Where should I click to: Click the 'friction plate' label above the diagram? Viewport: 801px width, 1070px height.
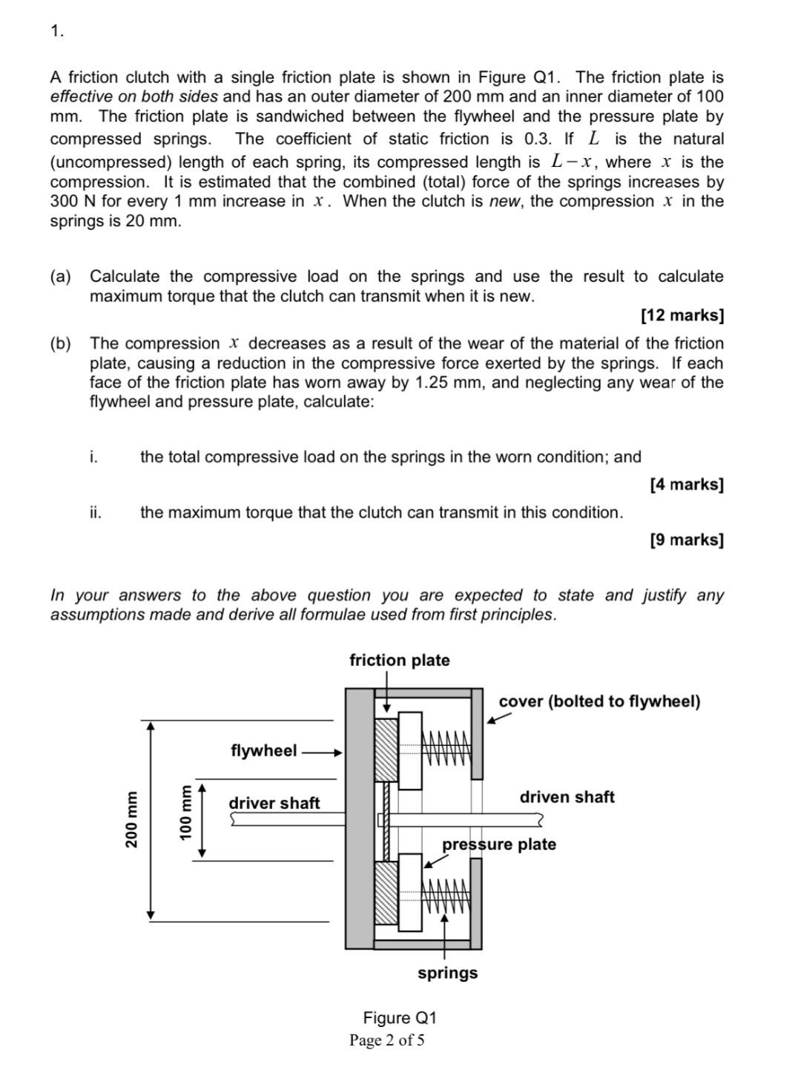pyautogui.click(x=399, y=660)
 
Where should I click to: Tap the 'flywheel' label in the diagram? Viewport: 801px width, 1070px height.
pyautogui.click(x=263, y=750)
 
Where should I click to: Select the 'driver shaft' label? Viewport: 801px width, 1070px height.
pyautogui.click(x=274, y=803)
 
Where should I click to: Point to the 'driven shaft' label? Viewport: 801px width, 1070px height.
pyautogui.click(x=567, y=797)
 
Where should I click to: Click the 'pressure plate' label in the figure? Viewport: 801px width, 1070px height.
pyautogui.click(x=498, y=845)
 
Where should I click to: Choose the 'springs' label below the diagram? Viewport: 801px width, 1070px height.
pyautogui.click(x=447, y=973)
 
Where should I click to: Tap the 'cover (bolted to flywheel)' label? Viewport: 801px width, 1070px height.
pyautogui.click(x=599, y=701)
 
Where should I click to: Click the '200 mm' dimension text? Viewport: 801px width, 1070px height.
pyautogui.click(x=131, y=819)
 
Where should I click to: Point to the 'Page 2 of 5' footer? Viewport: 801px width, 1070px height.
pyautogui.click(x=387, y=1040)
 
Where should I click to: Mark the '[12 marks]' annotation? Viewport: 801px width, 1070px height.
pyautogui.click(x=682, y=315)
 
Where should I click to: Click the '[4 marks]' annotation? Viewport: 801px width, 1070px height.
pyautogui.click(x=686, y=484)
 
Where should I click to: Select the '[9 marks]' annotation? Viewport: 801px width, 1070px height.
pyautogui.click(x=686, y=539)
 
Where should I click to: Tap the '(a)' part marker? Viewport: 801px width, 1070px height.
pyautogui.click(x=61, y=277)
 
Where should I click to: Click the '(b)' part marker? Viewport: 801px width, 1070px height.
pyautogui.click(x=61, y=343)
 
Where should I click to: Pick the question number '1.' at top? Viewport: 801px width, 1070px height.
pyautogui.click(x=57, y=30)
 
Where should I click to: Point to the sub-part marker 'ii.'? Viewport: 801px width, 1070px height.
pyautogui.click(x=95, y=512)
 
